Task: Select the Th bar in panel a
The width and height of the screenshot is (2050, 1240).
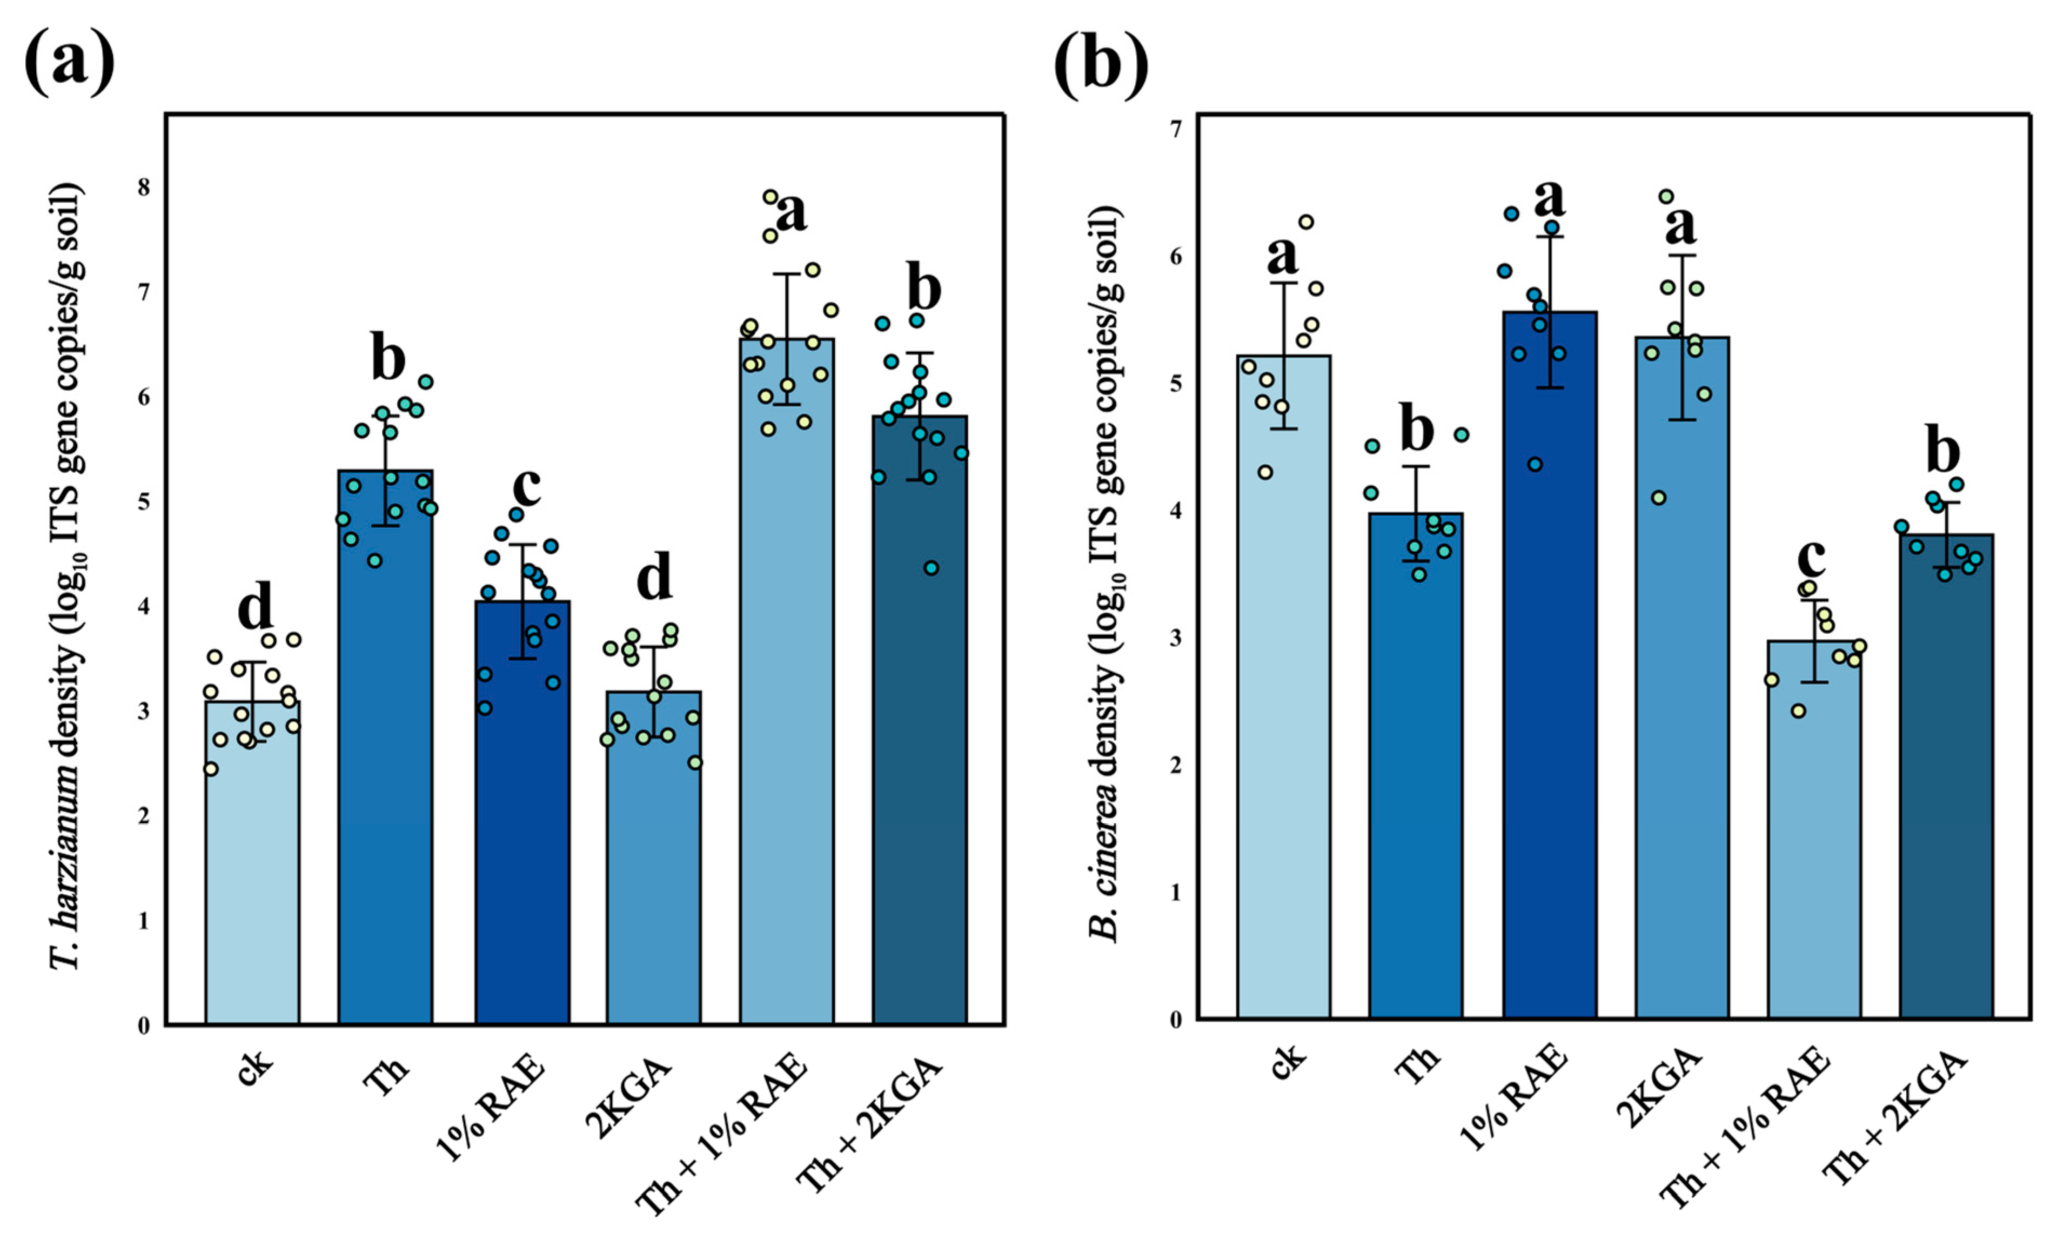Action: pos(385,749)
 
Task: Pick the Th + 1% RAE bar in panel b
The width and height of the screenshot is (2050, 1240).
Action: pos(1814,832)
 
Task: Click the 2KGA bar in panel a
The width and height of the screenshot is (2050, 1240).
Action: pos(653,857)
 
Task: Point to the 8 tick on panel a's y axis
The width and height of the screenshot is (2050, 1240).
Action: pos(145,187)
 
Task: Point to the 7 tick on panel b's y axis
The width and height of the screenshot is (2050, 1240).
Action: pos(1176,130)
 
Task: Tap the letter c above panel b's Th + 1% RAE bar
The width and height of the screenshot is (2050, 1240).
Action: pos(1811,558)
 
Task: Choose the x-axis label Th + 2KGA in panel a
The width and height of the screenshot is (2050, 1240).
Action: pos(869,1123)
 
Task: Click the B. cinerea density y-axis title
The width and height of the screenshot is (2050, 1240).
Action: pos(1106,574)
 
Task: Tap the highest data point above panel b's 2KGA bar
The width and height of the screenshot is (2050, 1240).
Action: pos(1666,197)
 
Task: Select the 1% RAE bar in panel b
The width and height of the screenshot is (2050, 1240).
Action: pos(1549,666)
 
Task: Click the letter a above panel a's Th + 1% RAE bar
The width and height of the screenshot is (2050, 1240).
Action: pos(790,213)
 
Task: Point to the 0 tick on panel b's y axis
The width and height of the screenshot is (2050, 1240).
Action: pos(1176,1020)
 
